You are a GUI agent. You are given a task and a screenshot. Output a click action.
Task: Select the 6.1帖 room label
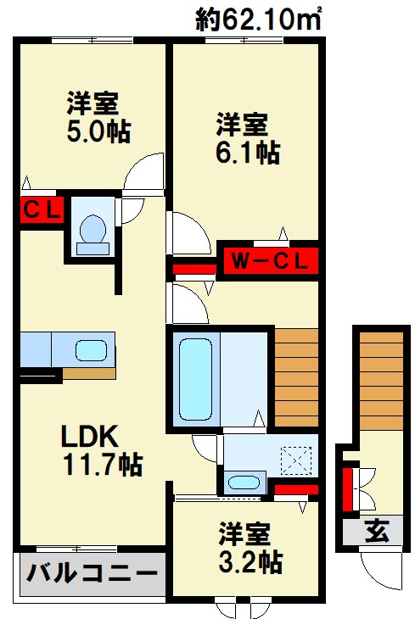(246, 139)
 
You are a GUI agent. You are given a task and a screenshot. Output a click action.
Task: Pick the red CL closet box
(42, 209)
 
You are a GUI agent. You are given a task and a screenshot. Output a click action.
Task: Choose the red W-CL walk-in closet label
(269, 260)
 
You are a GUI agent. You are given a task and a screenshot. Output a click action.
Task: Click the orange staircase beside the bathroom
(296, 377)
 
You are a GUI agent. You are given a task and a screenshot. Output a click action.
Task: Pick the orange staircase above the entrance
(379, 382)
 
